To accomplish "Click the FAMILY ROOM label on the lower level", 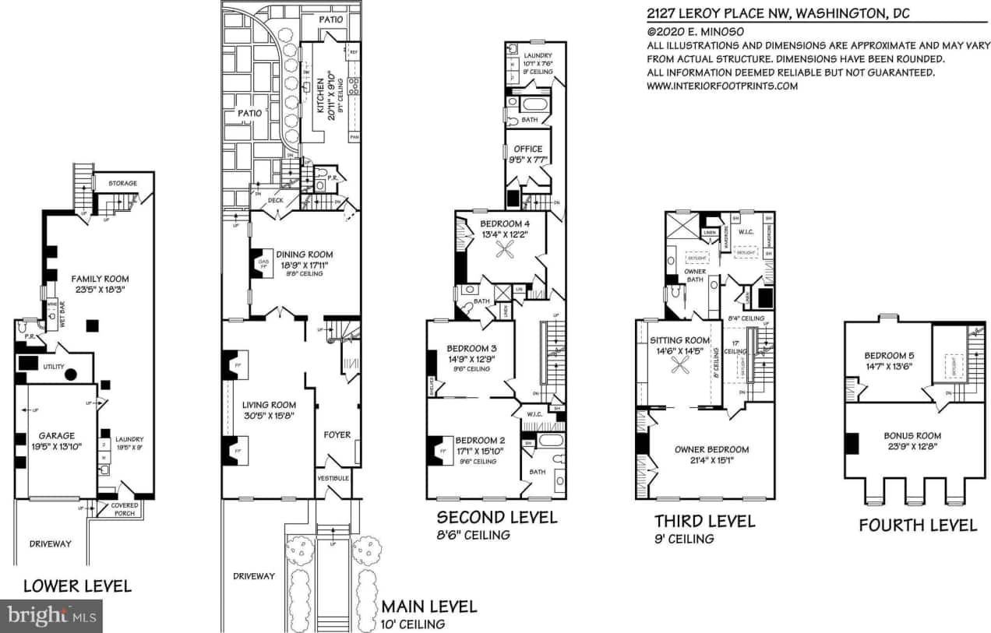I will coord(100,278).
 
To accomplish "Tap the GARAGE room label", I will coord(57,436).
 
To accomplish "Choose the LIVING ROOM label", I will coord(269,405).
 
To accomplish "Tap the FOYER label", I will coord(337,434).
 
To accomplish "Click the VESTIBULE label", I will coord(333,477).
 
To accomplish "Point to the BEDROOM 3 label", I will coord(471,348).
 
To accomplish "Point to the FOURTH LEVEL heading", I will coord(918,526).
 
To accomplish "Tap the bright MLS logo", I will coord(51,616).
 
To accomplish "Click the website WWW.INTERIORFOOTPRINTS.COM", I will coord(722,86).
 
